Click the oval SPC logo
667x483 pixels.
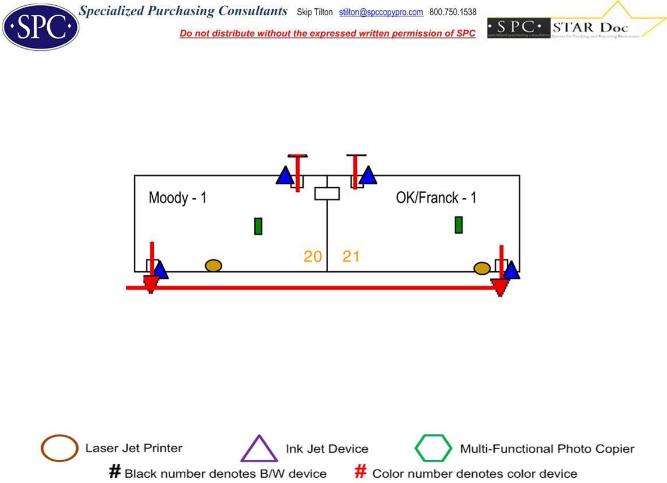point(40,26)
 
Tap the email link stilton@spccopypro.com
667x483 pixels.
point(381,12)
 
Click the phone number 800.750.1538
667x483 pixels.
point(452,12)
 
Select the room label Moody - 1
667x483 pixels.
point(177,198)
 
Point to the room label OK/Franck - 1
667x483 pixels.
point(436,198)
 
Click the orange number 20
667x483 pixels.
point(313,256)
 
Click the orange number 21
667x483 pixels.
point(351,256)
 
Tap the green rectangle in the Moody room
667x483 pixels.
point(258,226)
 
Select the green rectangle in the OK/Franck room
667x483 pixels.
point(458,225)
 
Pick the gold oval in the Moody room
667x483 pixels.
point(213,265)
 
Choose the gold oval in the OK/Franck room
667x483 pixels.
point(482,268)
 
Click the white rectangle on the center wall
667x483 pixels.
point(327,194)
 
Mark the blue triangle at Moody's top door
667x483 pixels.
point(285,176)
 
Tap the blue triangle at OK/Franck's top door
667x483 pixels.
point(368,176)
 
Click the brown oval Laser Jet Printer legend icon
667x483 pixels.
point(59,449)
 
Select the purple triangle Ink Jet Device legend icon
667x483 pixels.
point(259,449)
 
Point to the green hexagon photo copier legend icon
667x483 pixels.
point(433,449)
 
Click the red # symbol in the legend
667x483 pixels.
point(361,472)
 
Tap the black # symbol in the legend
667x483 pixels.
point(115,472)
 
